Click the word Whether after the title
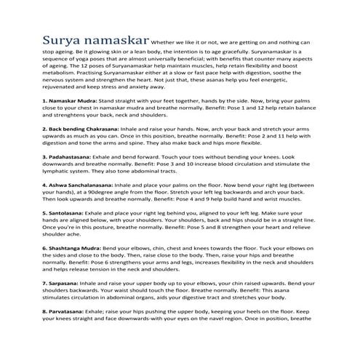tap(169, 41)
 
